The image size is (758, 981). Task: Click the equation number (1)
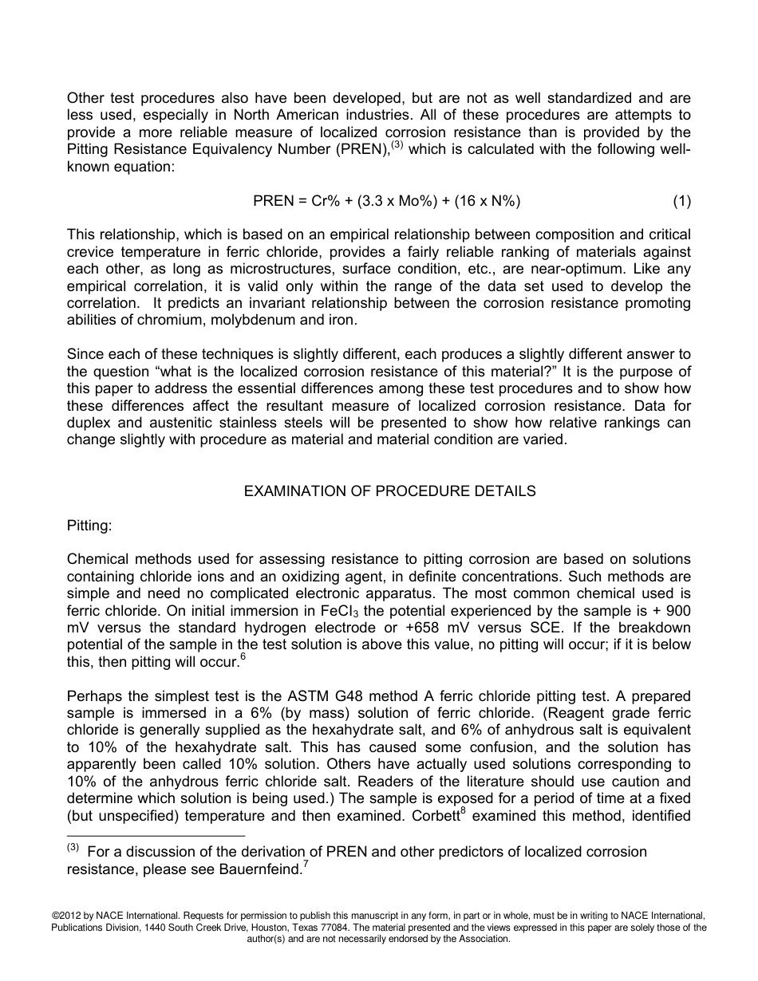(681, 201)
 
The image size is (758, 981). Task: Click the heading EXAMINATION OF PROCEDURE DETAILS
(389, 491)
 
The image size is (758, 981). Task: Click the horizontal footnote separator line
(156, 837)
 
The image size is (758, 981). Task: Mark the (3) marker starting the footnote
(73, 849)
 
